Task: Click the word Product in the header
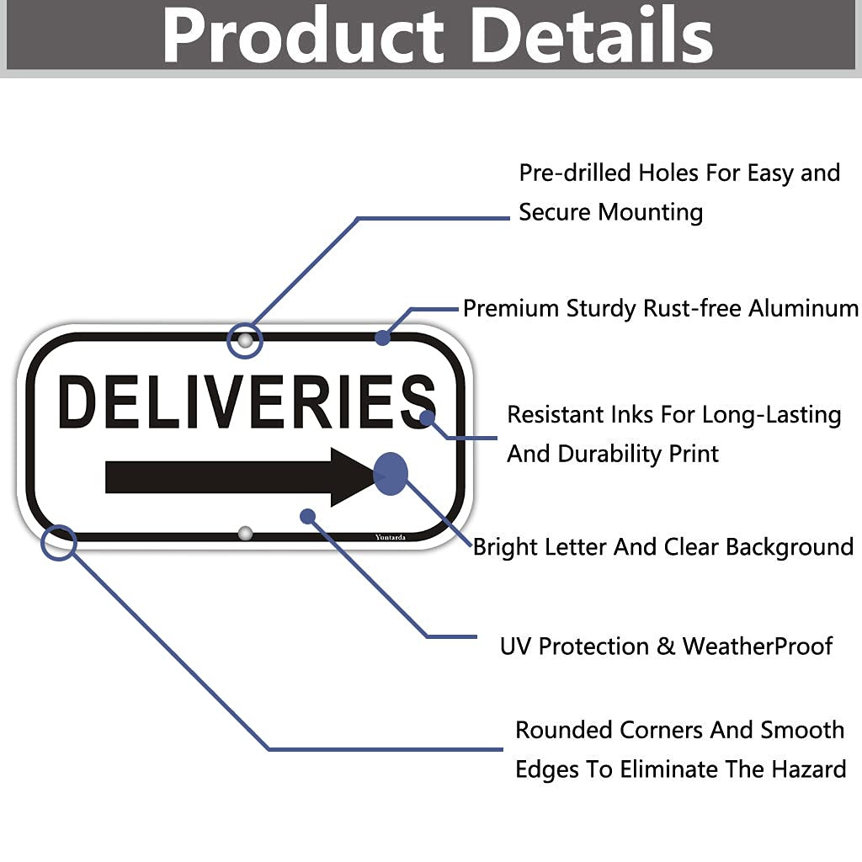302,35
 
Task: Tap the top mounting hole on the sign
245,341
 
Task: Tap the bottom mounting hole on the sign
245,533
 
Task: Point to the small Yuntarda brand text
390,536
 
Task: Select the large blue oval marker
391,473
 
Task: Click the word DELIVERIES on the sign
247,402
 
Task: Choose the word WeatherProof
757,646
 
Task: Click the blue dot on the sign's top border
383,338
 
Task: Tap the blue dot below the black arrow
307,516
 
